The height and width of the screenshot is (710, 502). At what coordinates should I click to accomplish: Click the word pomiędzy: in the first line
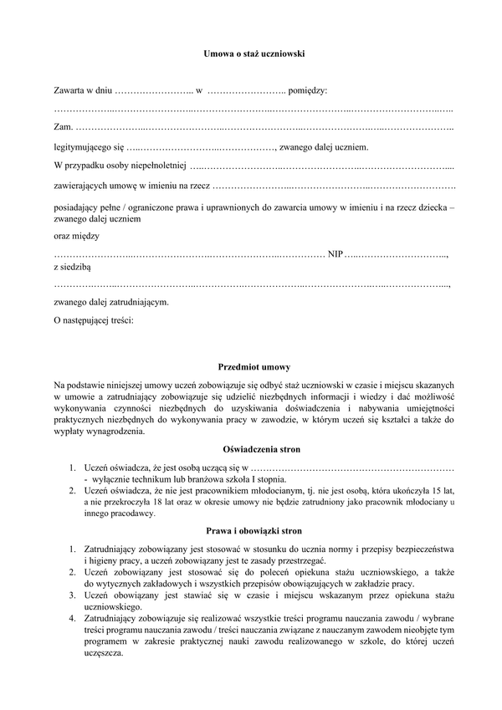(x=308, y=89)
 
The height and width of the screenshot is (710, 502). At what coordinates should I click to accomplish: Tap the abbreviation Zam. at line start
(x=63, y=127)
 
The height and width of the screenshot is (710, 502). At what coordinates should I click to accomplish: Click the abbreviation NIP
(x=336, y=253)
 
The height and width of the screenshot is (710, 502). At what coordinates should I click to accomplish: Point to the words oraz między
(x=75, y=237)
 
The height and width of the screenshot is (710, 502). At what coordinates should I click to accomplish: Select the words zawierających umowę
(x=95, y=184)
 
